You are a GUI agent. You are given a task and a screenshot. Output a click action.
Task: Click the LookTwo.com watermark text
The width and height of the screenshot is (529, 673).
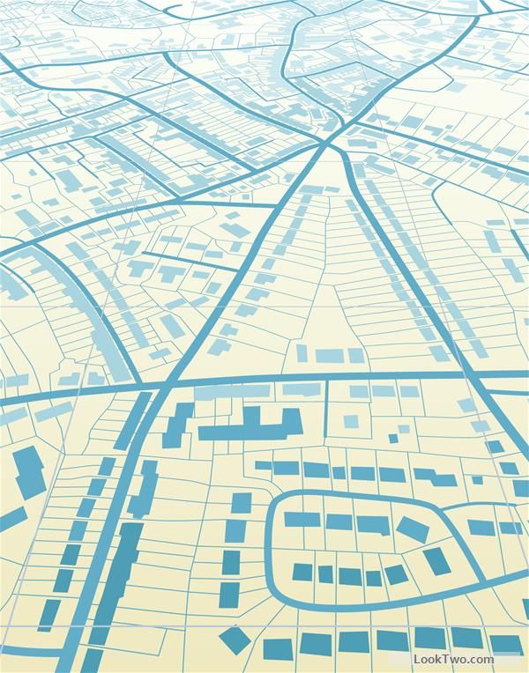pos(454,659)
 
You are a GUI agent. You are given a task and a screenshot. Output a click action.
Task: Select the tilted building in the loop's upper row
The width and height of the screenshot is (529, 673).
pos(412,529)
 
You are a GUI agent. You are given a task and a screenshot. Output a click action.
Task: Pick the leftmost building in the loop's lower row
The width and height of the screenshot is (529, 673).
pos(302,573)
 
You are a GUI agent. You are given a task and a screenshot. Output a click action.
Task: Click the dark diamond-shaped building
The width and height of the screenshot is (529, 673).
pos(235,640)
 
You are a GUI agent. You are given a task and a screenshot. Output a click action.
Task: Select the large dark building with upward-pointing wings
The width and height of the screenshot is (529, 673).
pos(250,427)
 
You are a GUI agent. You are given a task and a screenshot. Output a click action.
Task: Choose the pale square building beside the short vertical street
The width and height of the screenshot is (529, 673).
pos(351,421)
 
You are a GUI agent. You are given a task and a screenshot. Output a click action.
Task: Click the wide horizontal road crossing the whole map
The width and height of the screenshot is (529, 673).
pos(264,385)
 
